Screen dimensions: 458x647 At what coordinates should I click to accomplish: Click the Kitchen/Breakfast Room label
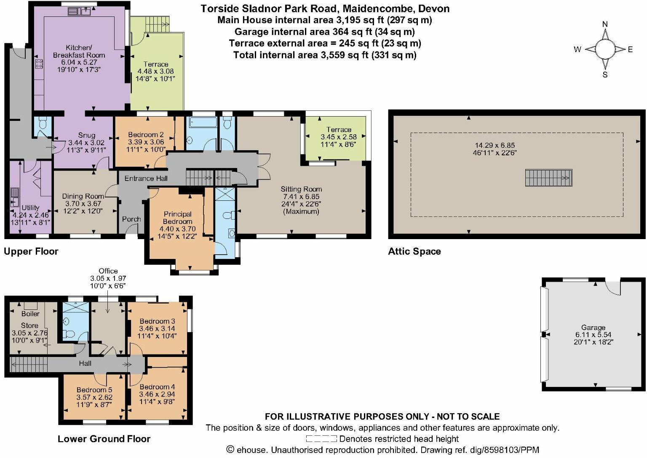pos(79,51)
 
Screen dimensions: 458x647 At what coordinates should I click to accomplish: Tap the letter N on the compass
pos(605,24)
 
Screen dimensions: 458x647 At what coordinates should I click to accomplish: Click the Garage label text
pos(593,328)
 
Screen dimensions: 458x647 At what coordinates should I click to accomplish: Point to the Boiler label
pos(30,314)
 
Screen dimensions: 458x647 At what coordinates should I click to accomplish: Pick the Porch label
pos(131,219)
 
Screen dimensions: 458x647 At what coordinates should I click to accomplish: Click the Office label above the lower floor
pos(108,271)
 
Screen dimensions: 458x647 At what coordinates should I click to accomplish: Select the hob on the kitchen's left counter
pos(39,64)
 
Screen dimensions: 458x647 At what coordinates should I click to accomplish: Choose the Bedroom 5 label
pos(94,390)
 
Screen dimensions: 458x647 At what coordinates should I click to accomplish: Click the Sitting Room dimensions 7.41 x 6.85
pos(301,197)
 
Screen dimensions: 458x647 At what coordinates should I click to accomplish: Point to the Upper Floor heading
pos(31,252)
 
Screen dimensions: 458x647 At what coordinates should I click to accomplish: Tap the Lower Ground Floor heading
pos(104,439)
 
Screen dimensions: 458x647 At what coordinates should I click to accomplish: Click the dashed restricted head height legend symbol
pos(321,439)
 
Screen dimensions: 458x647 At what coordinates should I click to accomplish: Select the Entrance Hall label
pos(146,178)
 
